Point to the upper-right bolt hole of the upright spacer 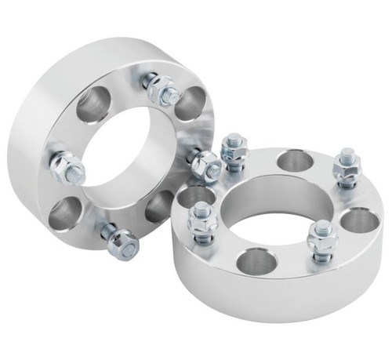(190, 104)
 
